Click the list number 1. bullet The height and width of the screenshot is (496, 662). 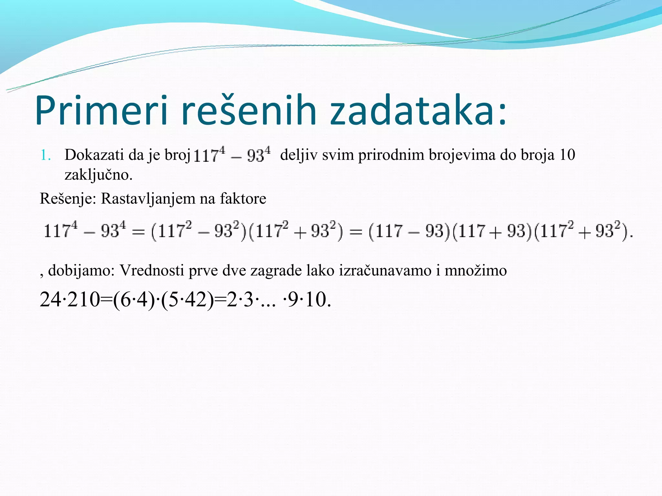click(46, 155)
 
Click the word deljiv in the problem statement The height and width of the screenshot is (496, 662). click(299, 155)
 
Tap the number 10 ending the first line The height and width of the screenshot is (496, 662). click(567, 155)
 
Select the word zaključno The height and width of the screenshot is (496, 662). click(98, 175)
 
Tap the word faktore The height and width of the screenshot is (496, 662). click(243, 199)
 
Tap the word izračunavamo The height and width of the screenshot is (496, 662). click(385, 271)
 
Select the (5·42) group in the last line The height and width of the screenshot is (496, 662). click(187, 300)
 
